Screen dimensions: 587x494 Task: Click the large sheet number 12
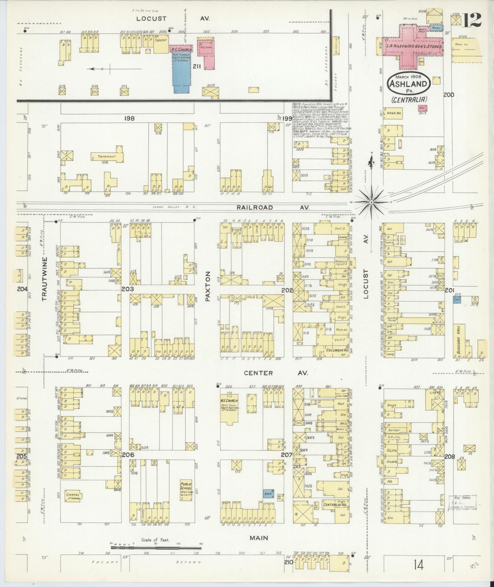coord(473,20)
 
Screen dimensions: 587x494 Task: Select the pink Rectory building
coord(206,51)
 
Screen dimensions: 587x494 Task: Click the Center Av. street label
coord(276,373)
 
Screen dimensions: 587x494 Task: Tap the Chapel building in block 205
coord(73,495)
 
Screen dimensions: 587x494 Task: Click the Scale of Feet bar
coord(156,548)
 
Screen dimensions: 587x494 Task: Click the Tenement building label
coord(107,157)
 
